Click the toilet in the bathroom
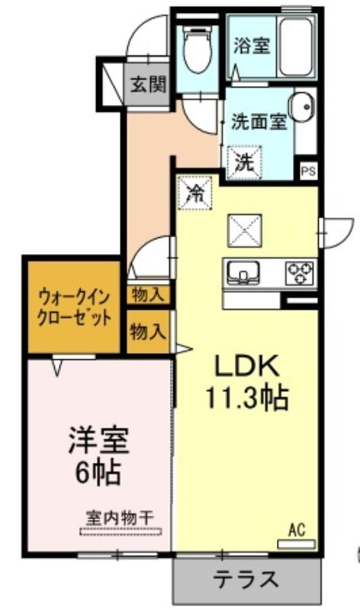[198, 50]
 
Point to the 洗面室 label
[259, 122]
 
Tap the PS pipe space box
[309, 171]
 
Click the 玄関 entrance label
[148, 84]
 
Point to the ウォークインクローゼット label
[73, 310]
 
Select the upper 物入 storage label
[148, 295]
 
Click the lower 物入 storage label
[148, 332]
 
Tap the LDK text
[248, 366]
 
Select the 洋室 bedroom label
[98, 440]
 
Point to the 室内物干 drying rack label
[120, 518]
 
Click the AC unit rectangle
[297, 544]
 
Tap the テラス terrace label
[246, 579]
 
